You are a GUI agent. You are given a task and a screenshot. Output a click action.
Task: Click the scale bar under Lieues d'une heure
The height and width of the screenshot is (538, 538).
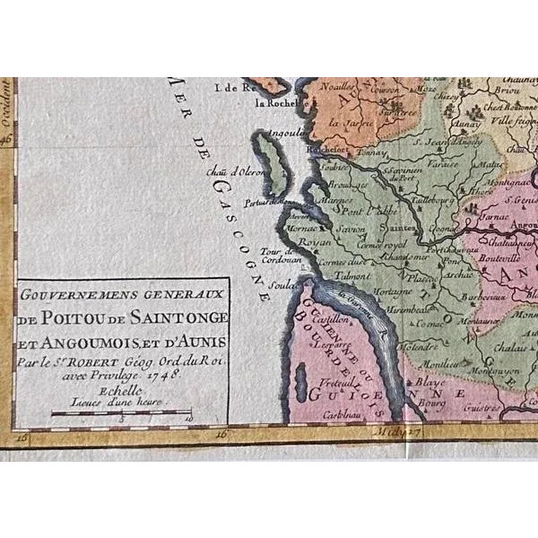tap(120, 413)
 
